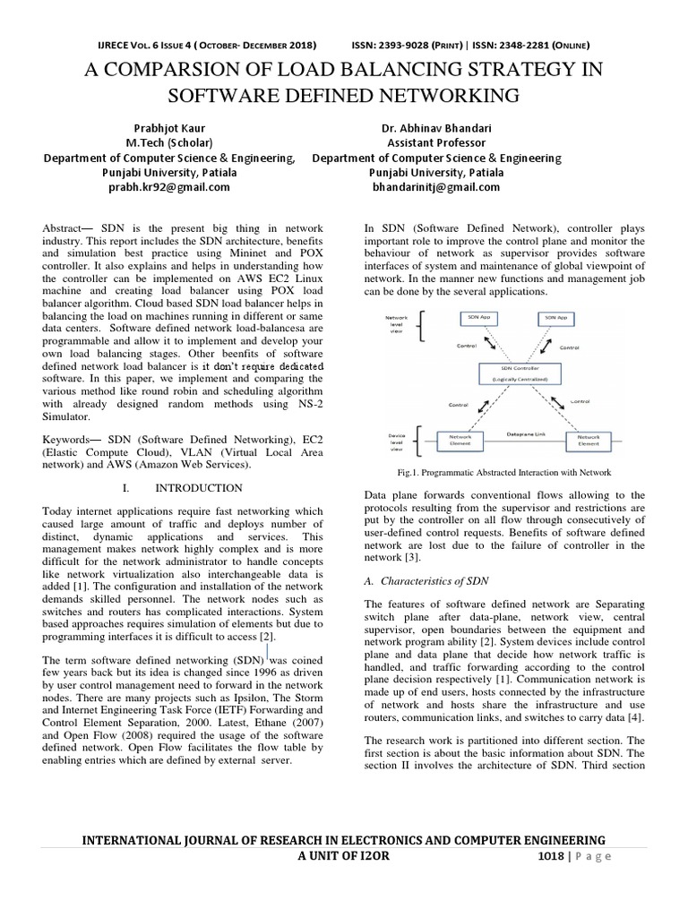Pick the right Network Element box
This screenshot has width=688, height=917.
click(588, 439)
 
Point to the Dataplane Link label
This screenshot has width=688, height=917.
click(520, 433)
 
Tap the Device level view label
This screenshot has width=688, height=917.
click(396, 442)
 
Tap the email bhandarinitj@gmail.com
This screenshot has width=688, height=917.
click(436, 187)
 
